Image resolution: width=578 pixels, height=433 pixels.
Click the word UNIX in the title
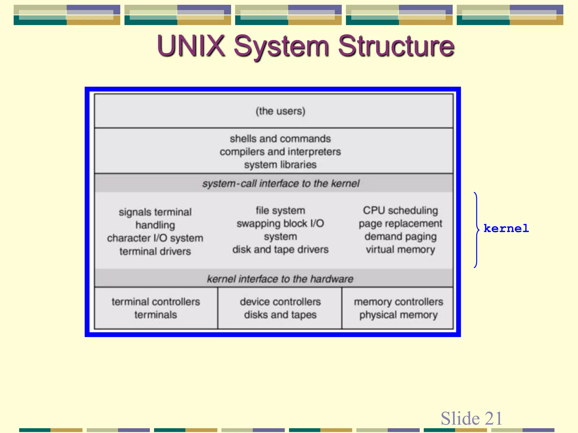(191, 46)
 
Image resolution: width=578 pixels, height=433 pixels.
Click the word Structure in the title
(396, 46)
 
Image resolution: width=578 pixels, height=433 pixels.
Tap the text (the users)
(280, 111)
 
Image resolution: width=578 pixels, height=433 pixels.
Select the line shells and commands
(280, 139)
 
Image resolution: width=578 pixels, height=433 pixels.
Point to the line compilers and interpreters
(280, 152)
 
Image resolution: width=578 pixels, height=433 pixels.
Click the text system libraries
(280, 165)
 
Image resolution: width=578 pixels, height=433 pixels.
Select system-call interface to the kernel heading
(281, 184)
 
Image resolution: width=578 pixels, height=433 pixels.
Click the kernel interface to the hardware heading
(280, 279)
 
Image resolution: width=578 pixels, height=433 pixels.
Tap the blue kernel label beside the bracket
(506, 228)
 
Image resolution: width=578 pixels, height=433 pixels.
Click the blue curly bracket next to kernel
(477, 230)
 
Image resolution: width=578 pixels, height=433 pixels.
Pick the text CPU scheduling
(400, 210)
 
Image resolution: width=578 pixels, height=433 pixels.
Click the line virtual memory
(400, 249)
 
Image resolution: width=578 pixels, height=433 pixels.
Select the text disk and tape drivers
(280, 249)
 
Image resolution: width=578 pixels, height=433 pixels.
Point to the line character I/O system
(155, 238)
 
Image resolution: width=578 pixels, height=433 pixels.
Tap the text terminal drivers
(155, 251)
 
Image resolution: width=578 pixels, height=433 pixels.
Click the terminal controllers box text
(156, 302)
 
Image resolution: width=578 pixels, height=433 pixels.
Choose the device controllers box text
(280, 302)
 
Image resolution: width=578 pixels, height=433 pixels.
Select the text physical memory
(398, 315)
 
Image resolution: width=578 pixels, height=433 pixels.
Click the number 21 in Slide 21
(493, 418)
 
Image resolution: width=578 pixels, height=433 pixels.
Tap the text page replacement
(400, 224)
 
